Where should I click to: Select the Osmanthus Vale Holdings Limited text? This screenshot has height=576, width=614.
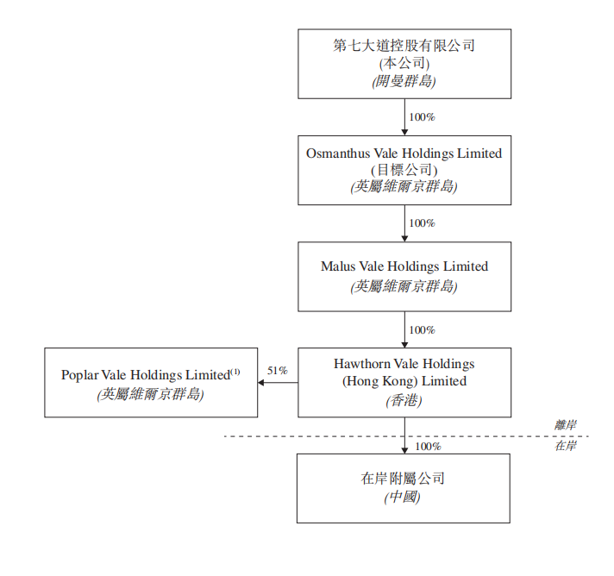tap(404, 153)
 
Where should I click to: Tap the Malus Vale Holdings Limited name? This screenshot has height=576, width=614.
tap(404, 266)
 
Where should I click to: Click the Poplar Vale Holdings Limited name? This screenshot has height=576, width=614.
tap(146, 375)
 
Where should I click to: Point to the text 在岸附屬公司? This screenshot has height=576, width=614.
tap(404, 479)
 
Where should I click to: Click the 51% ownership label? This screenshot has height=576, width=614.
tap(277, 370)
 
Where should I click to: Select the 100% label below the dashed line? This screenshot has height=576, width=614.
tap(428, 447)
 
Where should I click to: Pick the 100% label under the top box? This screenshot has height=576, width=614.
tap(422, 116)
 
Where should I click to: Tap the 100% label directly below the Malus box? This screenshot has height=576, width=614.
tap(422, 330)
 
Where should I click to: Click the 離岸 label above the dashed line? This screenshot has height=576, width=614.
tap(566, 425)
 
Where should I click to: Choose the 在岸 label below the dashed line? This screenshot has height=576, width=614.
tap(566, 446)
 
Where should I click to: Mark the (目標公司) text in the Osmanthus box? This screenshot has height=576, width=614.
tap(404, 170)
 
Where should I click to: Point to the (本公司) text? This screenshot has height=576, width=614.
tap(404, 63)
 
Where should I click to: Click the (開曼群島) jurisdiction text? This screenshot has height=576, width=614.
tap(404, 81)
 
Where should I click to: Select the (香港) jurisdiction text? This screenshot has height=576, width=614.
tap(404, 400)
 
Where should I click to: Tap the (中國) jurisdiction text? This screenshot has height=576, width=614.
tap(404, 498)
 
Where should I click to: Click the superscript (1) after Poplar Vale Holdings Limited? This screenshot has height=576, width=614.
tap(235, 372)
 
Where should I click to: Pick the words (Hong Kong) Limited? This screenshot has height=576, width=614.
tap(404, 381)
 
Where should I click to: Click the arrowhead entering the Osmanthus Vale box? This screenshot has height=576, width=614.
tap(404, 131)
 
